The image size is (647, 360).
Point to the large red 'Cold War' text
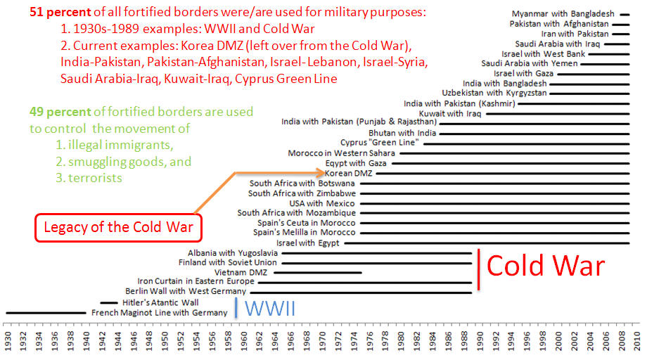pyautogui.click(x=545, y=266)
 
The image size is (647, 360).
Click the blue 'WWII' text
pyautogui.click(x=269, y=308)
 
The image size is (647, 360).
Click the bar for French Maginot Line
pyautogui.click(x=46, y=312)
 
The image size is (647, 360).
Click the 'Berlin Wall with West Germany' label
pyautogui.click(x=185, y=291)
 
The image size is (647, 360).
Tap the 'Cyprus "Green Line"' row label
pyautogui.click(x=380, y=143)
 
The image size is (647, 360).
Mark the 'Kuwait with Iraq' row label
pyautogui.click(x=450, y=113)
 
